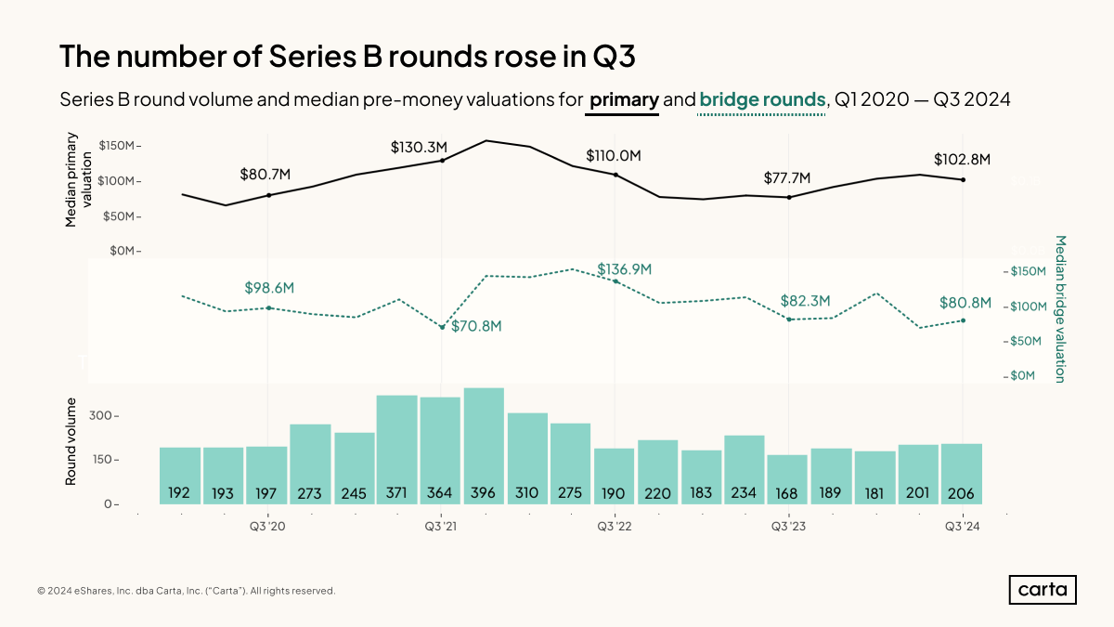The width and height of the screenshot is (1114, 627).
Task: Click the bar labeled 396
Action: (x=484, y=446)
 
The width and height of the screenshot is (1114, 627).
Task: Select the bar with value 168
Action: (x=788, y=479)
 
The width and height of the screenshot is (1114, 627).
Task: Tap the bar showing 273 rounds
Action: (x=310, y=464)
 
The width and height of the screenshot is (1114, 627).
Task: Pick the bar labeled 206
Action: (x=962, y=474)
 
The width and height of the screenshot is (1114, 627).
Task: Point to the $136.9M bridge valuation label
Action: (x=624, y=269)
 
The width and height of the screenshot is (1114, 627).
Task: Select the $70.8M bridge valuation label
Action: (x=476, y=326)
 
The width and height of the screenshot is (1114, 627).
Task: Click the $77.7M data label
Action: (x=787, y=177)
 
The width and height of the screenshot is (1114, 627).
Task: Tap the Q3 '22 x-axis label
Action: (x=615, y=527)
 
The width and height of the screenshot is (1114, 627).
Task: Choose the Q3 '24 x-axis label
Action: (x=963, y=527)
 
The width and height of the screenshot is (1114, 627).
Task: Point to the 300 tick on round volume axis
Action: (x=99, y=416)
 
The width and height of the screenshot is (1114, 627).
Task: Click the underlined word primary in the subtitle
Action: (x=624, y=99)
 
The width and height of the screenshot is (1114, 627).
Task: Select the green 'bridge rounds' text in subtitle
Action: (x=762, y=99)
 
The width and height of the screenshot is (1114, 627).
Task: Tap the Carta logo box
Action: (x=1042, y=590)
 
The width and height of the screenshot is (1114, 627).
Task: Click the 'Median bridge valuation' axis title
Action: (x=1059, y=308)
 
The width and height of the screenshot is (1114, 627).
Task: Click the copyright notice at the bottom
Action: (x=186, y=591)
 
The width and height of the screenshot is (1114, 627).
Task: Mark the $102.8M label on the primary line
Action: (x=962, y=160)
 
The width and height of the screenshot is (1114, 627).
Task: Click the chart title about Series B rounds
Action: (x=347, y=56)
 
